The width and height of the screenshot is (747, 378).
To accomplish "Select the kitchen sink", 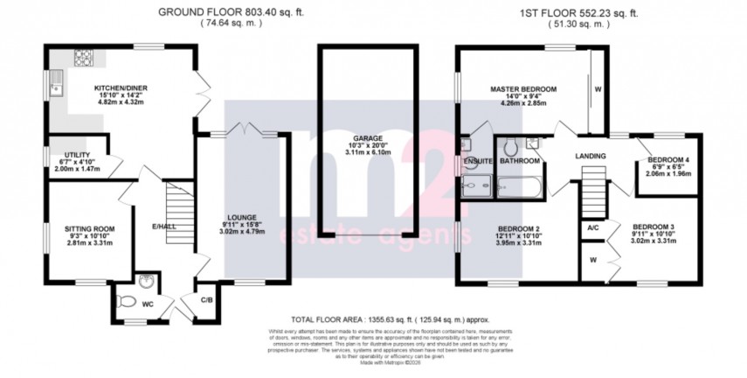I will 57,86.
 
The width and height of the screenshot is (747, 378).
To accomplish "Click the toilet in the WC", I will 128,303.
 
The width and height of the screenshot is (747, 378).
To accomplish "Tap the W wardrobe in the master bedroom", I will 598,88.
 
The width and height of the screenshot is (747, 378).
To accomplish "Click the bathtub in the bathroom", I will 520,185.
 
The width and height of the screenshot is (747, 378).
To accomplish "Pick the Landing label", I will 590,156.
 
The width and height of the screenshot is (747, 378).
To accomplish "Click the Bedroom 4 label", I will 668,159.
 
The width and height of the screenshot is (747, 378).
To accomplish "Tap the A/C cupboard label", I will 592,227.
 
